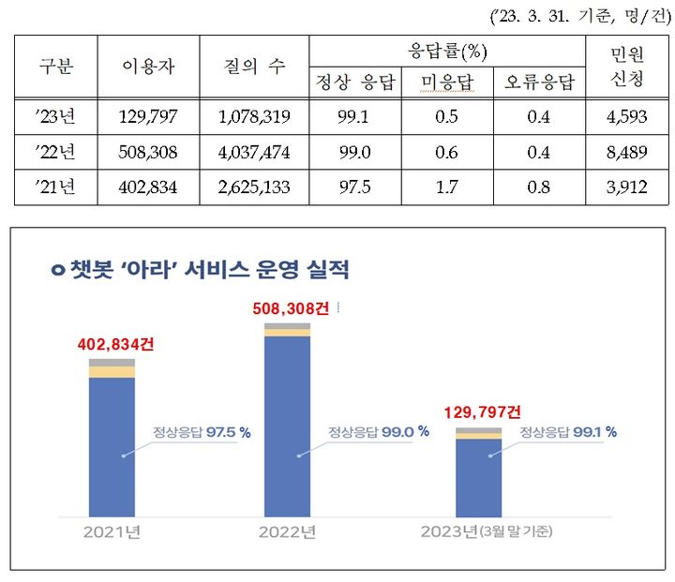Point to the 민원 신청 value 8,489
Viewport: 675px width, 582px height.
pyautogui.click(x=626, y=151)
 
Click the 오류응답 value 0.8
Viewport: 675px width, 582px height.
pyautogui.click(x=539, y=186)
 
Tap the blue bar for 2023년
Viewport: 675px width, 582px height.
pyautogui.click(x=478, y=478)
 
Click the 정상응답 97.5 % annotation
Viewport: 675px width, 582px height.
pyautogui.click(x=208, y=432)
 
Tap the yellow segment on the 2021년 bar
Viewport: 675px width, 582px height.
pyautogui.click(x=112, y=372)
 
